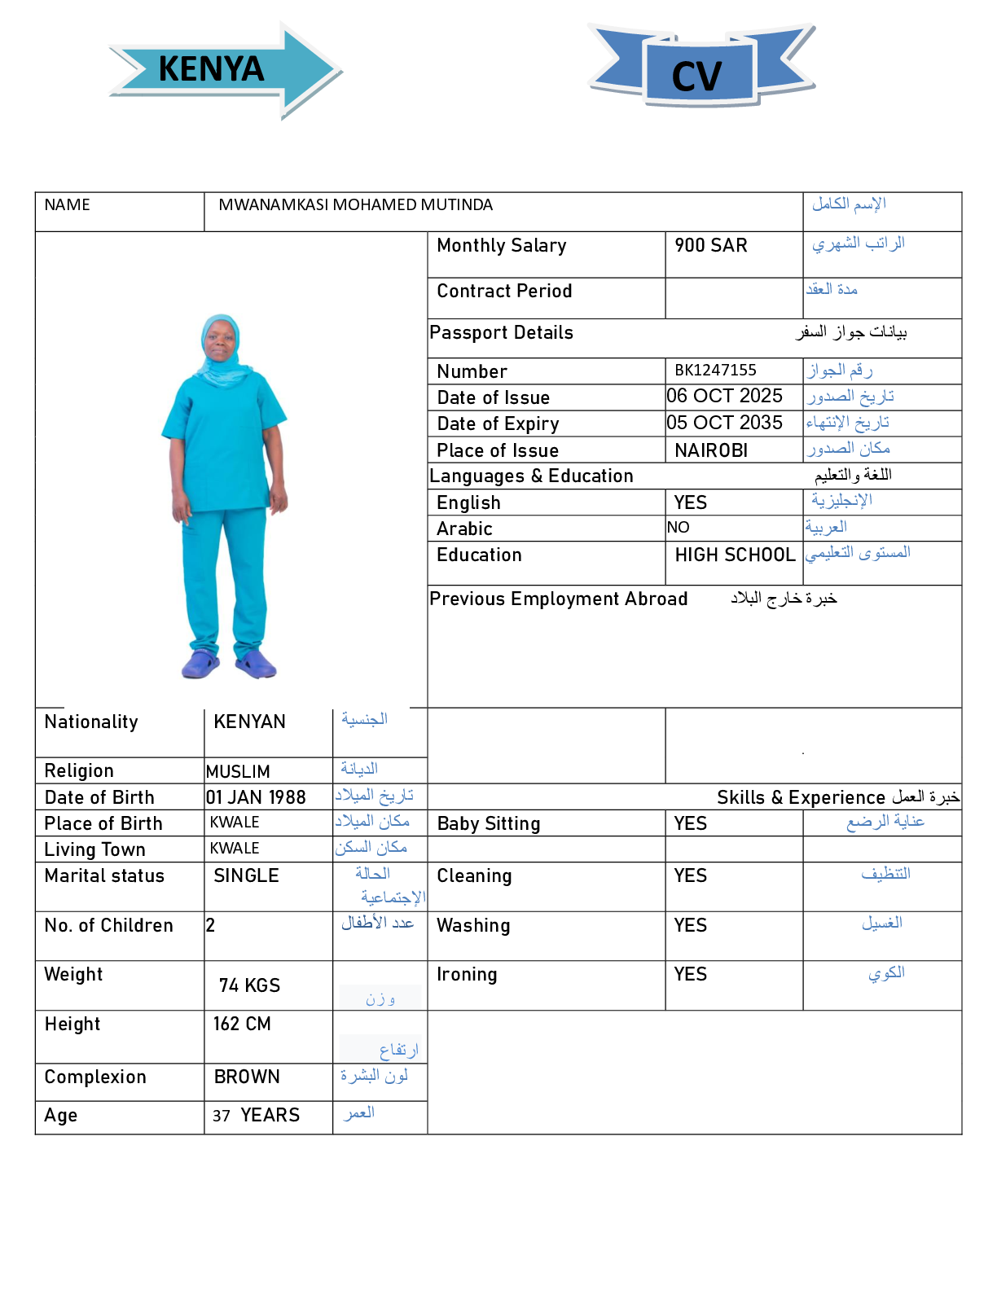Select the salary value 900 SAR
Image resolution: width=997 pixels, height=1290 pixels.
[710, 246]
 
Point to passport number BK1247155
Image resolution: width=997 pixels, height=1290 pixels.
[715, 371]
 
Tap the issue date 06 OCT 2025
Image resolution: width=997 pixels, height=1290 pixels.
[724, 397]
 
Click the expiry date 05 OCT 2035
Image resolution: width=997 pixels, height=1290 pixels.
[724, 423]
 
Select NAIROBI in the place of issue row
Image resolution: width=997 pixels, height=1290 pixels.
[711, 450]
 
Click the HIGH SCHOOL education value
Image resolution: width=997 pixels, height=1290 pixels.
[735, 555]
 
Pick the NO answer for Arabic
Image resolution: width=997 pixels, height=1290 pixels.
[678, 528]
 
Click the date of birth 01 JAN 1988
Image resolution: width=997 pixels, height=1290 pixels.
[256, 797]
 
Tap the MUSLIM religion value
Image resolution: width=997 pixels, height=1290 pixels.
[238, 771]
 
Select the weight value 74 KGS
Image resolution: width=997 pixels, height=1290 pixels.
[249, 986]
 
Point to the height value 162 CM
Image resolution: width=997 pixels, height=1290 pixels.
[242, 1025]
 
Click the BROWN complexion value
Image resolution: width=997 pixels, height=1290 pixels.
[247, 1077]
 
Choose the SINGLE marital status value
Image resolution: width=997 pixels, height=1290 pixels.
[246, 876]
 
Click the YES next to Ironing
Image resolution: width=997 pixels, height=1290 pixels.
[691, 975]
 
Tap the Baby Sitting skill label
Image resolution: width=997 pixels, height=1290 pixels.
[489, 824]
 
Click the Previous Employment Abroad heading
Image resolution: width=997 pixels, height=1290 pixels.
[559, 599]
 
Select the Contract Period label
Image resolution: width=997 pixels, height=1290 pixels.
[504, 292]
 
